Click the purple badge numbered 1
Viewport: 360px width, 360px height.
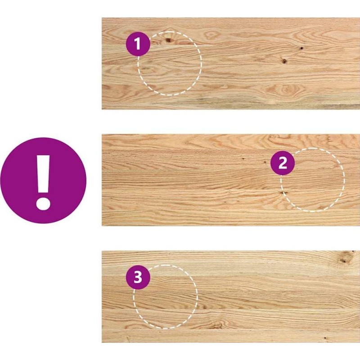[x=138, y=44]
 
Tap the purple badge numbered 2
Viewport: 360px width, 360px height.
[x=283, y=163]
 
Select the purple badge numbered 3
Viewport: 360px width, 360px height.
[x=138, y=277]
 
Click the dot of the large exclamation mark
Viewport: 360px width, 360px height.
[x=43, y=203]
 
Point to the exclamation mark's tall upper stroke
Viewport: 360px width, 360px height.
[x=43, y=174]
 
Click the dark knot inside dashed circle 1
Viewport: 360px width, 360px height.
[x=169, y=40]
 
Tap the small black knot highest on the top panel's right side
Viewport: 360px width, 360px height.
[x=301, y=48]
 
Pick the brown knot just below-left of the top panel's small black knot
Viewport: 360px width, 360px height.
[x=284, y=61]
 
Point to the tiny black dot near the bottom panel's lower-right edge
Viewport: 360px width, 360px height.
[x=325, y=338]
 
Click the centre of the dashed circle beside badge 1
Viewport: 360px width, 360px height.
[x=170, y=63]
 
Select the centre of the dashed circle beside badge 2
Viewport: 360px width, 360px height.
[x=312, y=180]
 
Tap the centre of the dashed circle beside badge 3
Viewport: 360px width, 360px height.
[x=165, y=297]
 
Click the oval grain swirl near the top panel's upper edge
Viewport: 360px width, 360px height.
[x=211, y=35]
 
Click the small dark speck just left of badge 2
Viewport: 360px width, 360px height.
[x=265, y=162]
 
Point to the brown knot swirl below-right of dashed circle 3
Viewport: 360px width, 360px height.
[x=216, y=325]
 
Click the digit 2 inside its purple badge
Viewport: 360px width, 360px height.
[x=283, y=163]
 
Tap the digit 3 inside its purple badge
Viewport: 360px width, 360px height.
[x=138, y=277]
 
